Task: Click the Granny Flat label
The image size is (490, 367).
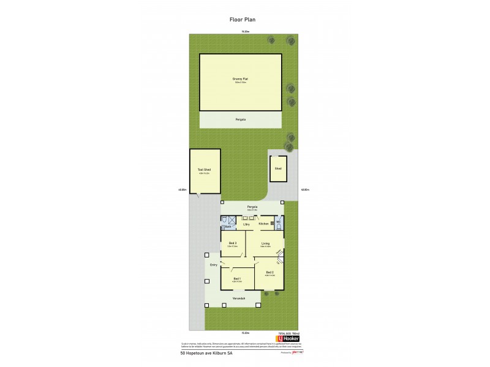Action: click(x=240, y=79)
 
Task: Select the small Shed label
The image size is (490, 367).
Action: click(x=278, y=168)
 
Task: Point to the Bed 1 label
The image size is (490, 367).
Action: click(x=237, y=278)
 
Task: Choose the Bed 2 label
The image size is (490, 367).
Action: click(x=269, y=272)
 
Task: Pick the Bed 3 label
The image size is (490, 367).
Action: click(x=233, y=243)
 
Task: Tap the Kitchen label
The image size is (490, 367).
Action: click(x=263, y=224)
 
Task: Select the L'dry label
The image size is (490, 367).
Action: click(x=246, y=224)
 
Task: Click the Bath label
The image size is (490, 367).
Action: click(x=227, y=226)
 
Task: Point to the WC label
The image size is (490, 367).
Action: click(x=277, y=222)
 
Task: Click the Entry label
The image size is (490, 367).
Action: click(x=214, y=265)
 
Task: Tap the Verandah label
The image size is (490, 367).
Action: click(x=239, y=298)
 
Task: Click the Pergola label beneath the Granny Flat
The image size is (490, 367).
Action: click(x=241, y=119)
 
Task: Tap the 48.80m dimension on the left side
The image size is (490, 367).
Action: click(x=183, y=190)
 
